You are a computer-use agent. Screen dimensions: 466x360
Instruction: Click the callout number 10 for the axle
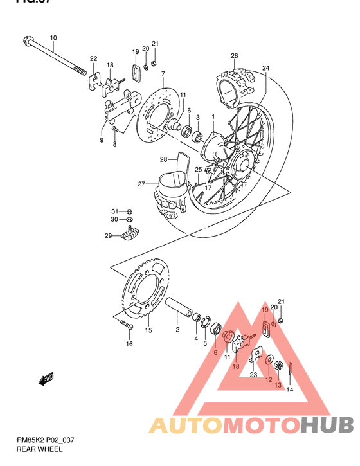coord(53,37)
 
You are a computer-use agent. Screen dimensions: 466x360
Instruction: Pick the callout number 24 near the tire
coord(265,68)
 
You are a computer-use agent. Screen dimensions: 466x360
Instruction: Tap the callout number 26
coord(235,55)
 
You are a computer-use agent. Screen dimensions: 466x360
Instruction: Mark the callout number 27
coord(142,184)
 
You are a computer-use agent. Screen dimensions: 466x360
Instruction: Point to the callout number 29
coord(108,236)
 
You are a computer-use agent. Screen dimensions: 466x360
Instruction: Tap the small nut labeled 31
coord(129,211)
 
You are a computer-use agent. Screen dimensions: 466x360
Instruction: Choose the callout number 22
coord(93,59)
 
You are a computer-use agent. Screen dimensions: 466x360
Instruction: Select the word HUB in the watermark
coord(327,425)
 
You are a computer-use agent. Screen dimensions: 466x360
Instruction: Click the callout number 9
coord(102,139)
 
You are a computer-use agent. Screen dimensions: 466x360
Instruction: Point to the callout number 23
coord(253,374)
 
